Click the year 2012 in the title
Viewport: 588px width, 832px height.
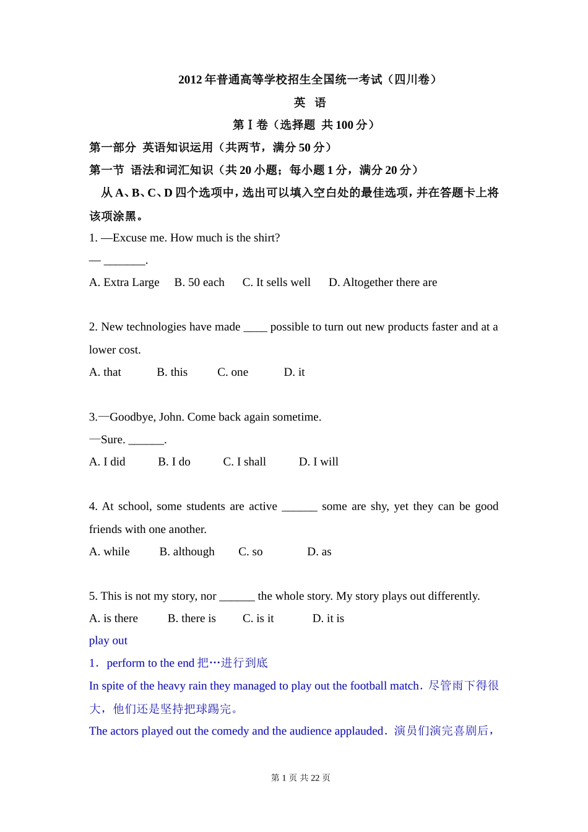(190, 80)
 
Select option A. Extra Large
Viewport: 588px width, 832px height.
(124, 282)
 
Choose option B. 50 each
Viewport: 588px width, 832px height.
(199, 282)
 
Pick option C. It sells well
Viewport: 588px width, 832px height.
(276, 282)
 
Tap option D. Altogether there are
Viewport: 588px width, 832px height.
(383, 282)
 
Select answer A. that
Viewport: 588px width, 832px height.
(105, 372)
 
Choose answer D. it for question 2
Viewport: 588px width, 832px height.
(294, 372)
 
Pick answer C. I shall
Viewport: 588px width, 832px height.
(244, 462)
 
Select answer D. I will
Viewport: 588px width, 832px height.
(319, 462)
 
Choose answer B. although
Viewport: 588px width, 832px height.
(187, 552)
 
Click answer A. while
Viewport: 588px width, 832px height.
(110, 552)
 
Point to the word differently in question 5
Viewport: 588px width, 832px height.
(452, 596)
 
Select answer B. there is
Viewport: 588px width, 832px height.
(192, 618)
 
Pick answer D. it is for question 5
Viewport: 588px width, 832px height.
(328, 618)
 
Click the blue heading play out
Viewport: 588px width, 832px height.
(108, 641)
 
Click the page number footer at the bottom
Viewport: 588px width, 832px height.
(301, 778)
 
